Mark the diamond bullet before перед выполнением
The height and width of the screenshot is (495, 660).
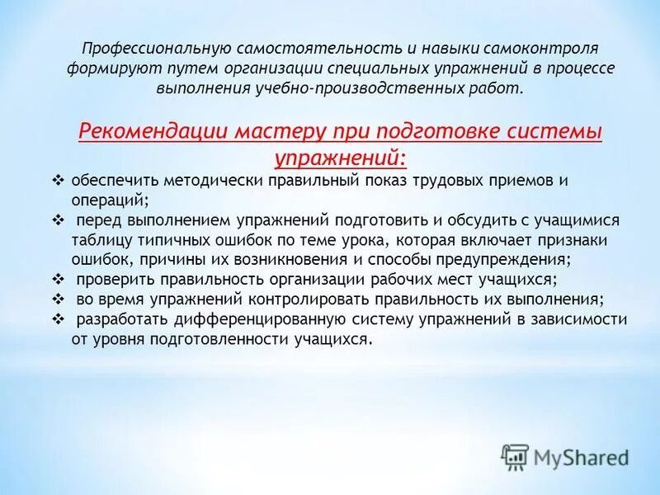click(x=57, y=220)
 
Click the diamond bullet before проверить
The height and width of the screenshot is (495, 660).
click(x=57, y=280)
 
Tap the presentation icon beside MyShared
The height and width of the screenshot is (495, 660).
click(x=515, y=456)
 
